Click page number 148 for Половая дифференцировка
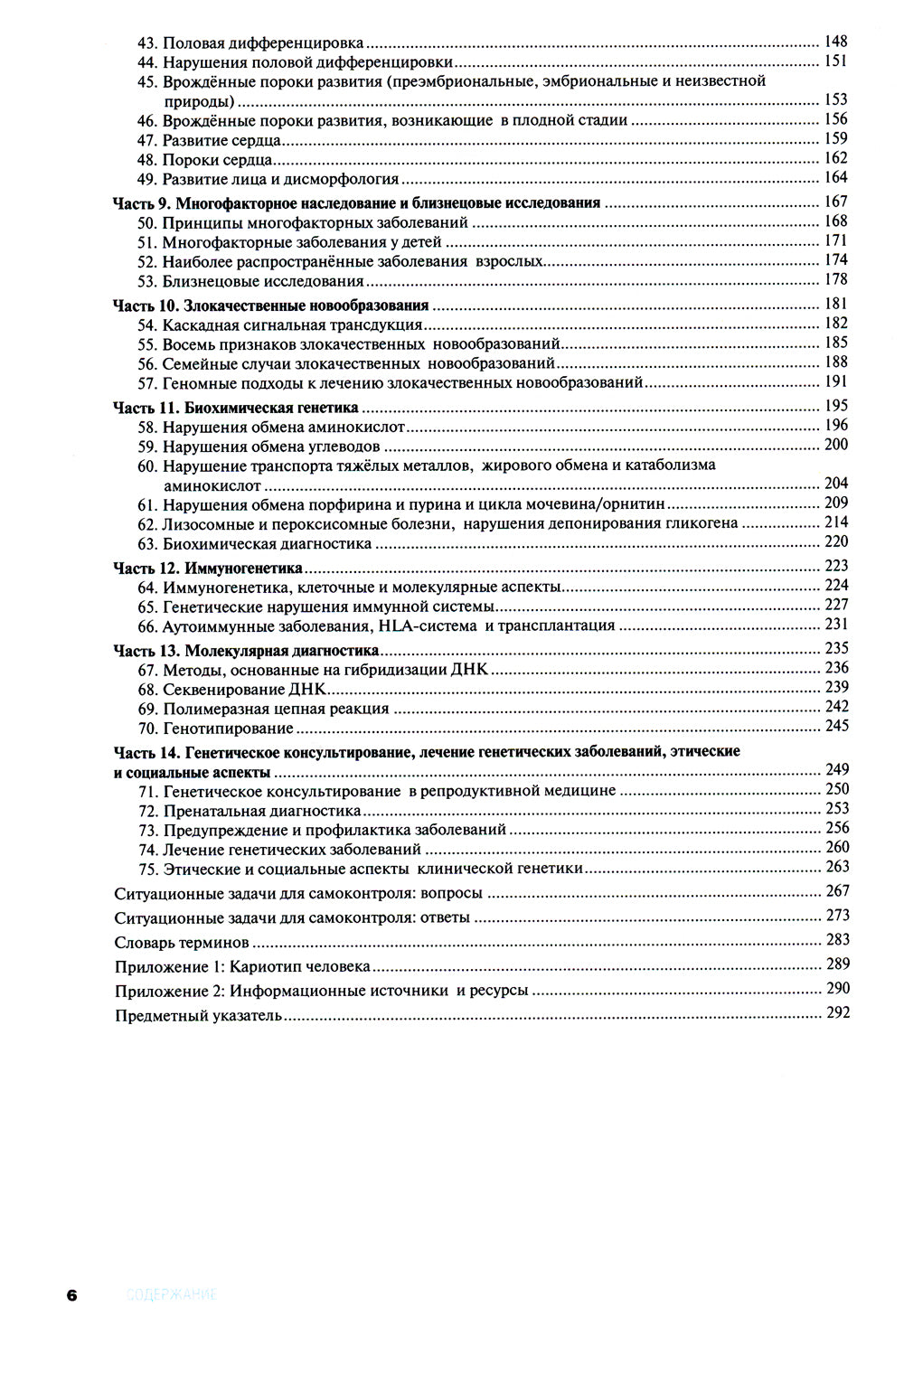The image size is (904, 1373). point(835,42)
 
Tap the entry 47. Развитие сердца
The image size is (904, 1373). point(221,140)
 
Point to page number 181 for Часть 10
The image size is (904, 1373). point(835,304)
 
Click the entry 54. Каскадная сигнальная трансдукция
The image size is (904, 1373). point(292,324)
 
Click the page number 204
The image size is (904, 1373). point(835,484)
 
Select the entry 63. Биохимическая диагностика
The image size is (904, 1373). point(267,544)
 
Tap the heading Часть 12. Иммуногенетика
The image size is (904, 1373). point(207,569)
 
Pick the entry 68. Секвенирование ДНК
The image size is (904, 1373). point(244,690)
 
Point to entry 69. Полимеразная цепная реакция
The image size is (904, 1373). point(275,709)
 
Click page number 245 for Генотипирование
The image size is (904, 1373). point(836,726)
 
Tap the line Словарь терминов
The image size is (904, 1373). point(182,943)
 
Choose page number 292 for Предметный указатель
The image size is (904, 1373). point(837,1012)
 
